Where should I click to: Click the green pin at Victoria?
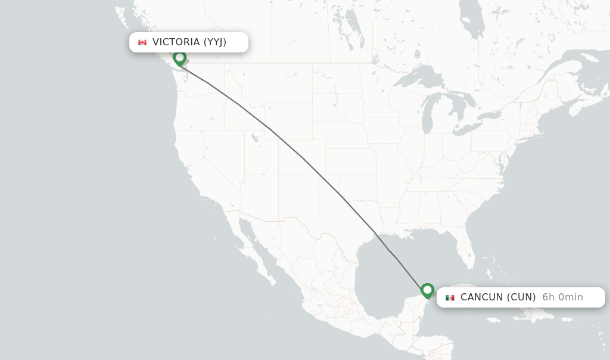click(179, 58)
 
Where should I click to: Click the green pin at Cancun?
click(427, 290)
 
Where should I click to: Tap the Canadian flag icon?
click(142, 42)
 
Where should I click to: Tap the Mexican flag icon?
click(450, 297)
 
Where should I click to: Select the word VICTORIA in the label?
click(176, 42)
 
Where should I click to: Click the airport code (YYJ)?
click(215, 42)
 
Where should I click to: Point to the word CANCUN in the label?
click(482, 297)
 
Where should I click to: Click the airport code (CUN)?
click(521, 297)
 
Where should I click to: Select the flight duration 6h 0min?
click(562, 297)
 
